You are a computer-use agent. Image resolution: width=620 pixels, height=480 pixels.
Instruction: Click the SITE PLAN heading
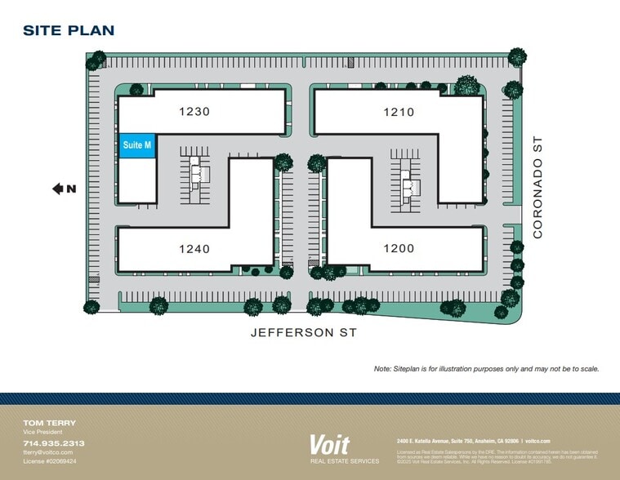click(69, 31)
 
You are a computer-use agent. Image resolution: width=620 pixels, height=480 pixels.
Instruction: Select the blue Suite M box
click(137, 145)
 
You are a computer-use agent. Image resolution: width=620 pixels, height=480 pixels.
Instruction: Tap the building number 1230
click(194, 112)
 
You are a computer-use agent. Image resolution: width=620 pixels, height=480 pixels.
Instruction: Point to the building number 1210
click(399, 112)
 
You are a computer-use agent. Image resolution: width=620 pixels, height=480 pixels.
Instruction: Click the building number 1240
click(194, 248)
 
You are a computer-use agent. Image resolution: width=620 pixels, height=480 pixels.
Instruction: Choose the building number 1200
click(399, 248)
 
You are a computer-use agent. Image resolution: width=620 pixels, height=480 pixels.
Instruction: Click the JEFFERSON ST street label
click(303, 333)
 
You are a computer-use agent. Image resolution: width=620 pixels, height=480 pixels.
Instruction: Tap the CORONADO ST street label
click(537, 188)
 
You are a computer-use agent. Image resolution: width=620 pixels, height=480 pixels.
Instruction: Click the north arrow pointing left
click(58, 189)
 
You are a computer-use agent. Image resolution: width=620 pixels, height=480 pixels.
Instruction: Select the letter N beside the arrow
click(72, 189)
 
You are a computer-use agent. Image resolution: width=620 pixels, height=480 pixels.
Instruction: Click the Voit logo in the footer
click(329, 445)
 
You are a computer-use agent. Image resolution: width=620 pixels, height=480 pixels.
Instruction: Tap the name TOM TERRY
click(50, 423)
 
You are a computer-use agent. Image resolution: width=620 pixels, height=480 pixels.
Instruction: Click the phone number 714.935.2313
click(53, 443)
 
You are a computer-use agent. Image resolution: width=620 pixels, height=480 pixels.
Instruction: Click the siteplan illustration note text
click(487, 369)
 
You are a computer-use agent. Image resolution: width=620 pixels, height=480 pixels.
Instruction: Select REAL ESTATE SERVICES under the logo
click(344, 461)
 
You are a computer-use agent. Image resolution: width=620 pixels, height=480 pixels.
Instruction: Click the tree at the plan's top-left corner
click(96, 60)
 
